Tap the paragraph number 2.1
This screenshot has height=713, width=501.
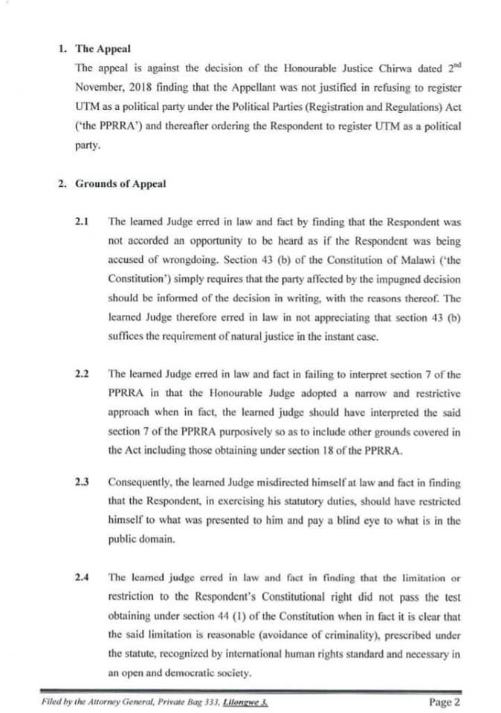pos(82,221)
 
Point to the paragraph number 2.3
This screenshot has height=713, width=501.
pos(82,481)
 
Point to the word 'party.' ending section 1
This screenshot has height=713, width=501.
pos(87,147)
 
